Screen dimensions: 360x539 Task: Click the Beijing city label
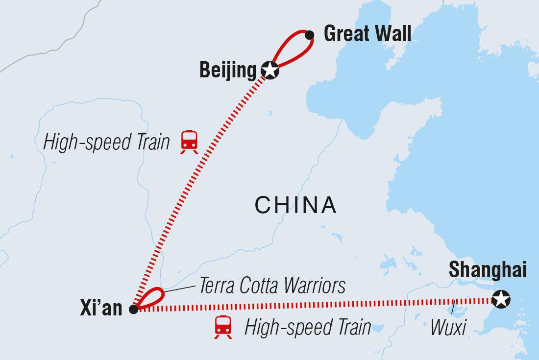(228, 71)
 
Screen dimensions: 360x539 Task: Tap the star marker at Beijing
(270, 71)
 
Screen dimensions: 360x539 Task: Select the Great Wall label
(367, 34)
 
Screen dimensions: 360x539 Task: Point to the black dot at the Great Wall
(309, 35)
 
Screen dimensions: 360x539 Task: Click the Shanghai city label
(487, 270)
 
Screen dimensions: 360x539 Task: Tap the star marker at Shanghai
(500, 299)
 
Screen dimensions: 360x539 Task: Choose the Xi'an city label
(100, 309)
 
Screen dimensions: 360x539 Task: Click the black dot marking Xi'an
(133, 309)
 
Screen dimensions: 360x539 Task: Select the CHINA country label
(295, 205)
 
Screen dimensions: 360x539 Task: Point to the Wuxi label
(448, 327)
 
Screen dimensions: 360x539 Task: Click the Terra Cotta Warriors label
(272, 286)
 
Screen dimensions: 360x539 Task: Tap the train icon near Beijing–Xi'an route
(189, 141)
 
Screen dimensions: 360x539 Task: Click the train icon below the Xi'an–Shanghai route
(223, 327)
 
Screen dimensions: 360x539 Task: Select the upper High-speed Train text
(107, 143)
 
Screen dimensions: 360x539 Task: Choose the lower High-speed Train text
(308, 327)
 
